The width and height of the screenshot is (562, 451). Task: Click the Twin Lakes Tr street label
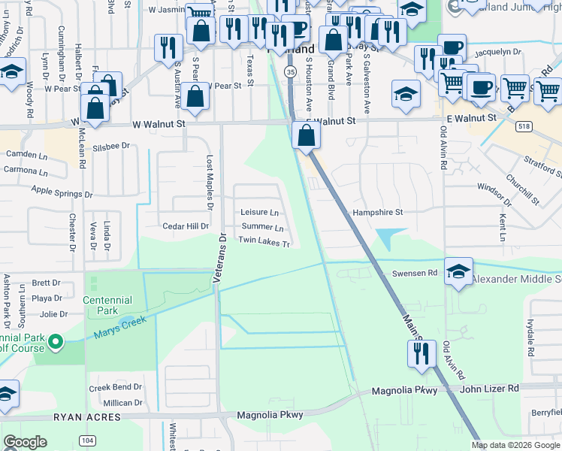pyautogui.click(x=264, y=241)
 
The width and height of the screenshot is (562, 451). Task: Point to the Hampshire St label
pyautogui.click(x=378, y=213)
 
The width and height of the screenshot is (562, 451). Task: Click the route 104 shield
pyautogui.click(x=88, y=440)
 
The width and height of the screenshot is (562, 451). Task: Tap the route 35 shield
pyautogui.click(x=290, y=71)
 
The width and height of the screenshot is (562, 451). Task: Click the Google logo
pyautogui.click(x=25, y=442)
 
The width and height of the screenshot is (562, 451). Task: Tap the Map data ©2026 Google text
pyautogui.click(x=515, y=445)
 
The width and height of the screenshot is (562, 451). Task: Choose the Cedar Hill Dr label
pyautogui.click(x=186, y=226)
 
